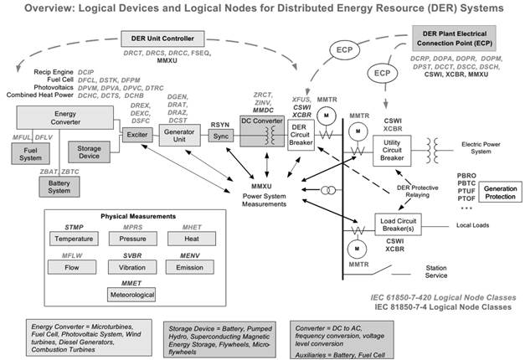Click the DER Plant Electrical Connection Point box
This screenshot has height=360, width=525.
coord(465,38)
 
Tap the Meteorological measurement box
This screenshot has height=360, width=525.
coord(131,294)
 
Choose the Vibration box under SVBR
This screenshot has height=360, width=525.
coord(131,266)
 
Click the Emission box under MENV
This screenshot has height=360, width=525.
coord(189,266)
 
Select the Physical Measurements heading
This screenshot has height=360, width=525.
coord(131,217)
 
